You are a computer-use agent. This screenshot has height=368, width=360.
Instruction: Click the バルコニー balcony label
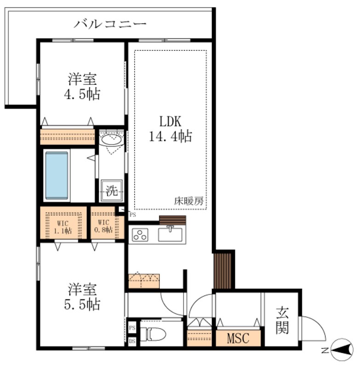[110, 23]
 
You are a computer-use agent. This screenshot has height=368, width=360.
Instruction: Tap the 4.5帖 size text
[83, 94]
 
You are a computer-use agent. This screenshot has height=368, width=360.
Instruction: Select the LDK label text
[171, 121]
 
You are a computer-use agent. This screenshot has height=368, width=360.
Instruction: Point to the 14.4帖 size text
[171, 136]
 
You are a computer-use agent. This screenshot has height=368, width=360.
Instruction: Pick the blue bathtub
[57, 175]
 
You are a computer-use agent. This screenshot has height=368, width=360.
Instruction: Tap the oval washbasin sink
[111, 139]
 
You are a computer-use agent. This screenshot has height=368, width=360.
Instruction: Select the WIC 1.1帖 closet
[63, 224]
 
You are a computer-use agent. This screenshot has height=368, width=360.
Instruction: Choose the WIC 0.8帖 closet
[107, 224]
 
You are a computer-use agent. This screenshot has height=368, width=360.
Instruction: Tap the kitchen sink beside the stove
[171, 235]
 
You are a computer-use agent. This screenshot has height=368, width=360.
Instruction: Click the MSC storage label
[238, 339]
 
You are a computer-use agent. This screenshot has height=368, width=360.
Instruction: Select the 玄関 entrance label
[281, 321]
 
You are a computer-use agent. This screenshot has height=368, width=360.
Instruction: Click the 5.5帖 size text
[83, 304]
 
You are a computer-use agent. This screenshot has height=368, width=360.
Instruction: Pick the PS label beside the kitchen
[133, 214]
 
